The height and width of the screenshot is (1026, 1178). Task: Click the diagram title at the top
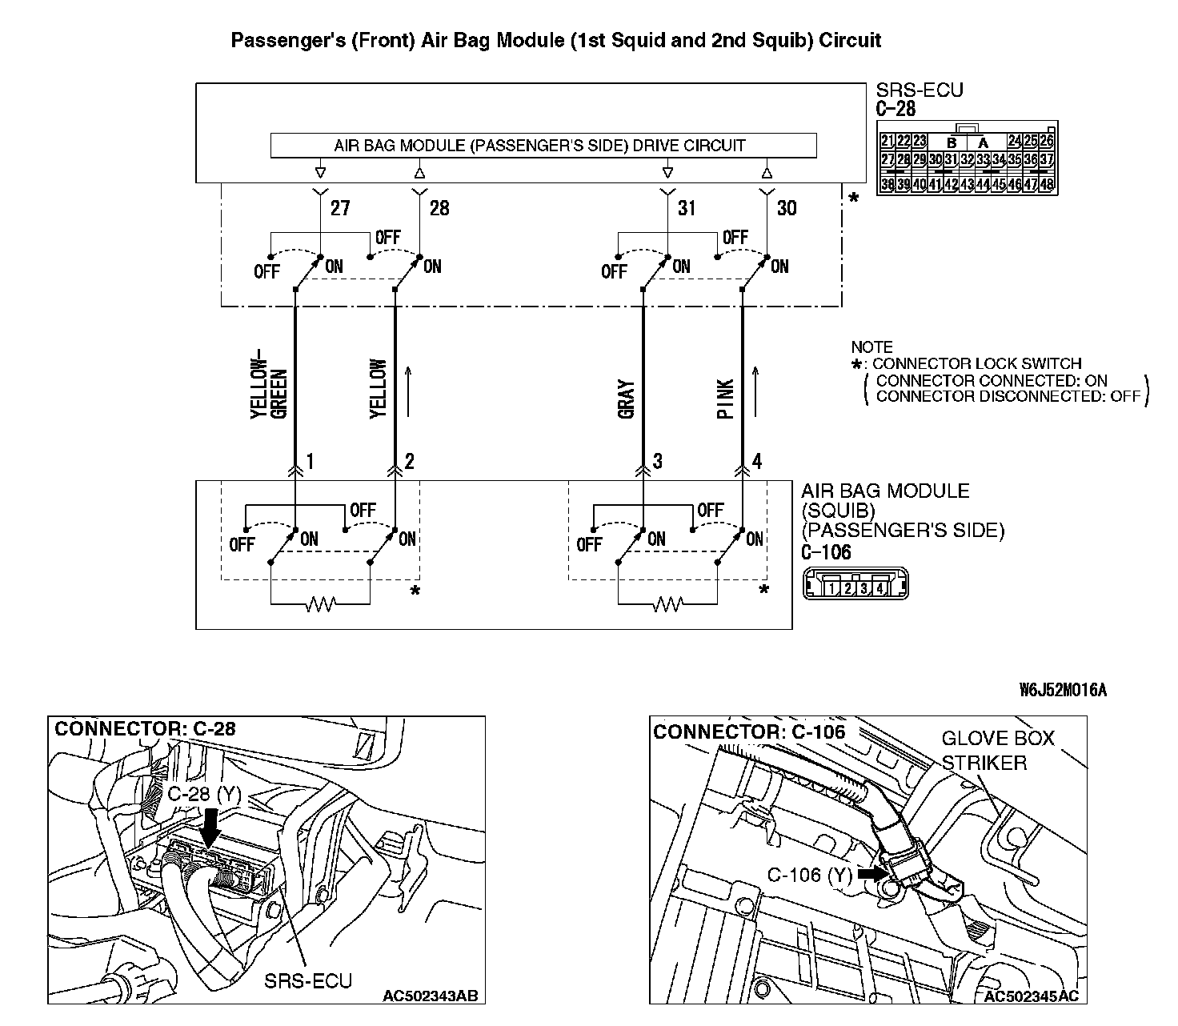pos(555,40)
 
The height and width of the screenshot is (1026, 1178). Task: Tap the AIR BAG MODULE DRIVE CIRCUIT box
pos(543,146)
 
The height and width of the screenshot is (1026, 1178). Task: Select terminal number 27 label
pos(340,208)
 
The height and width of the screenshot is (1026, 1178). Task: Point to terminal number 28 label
pos(439,208)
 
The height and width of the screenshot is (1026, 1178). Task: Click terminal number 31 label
pos(687,208)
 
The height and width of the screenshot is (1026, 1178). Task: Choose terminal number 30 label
pos(787,208)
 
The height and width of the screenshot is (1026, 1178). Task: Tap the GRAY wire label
pos(627,399)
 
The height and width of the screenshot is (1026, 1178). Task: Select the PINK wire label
pos(726,399)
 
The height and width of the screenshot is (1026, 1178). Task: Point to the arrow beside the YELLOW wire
pos(409,392)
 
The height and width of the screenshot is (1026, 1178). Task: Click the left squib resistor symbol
pos(321,604)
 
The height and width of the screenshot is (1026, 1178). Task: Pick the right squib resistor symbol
pos(668,604)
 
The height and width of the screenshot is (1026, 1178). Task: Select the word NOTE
pos(871,347)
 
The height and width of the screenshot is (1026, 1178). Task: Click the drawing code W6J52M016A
pos(1063,690)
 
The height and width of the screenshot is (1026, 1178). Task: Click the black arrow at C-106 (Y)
pos(871,874)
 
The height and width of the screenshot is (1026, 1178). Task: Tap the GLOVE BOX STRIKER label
pos(997,750)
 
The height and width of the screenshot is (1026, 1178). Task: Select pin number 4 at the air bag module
pos(757,461)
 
